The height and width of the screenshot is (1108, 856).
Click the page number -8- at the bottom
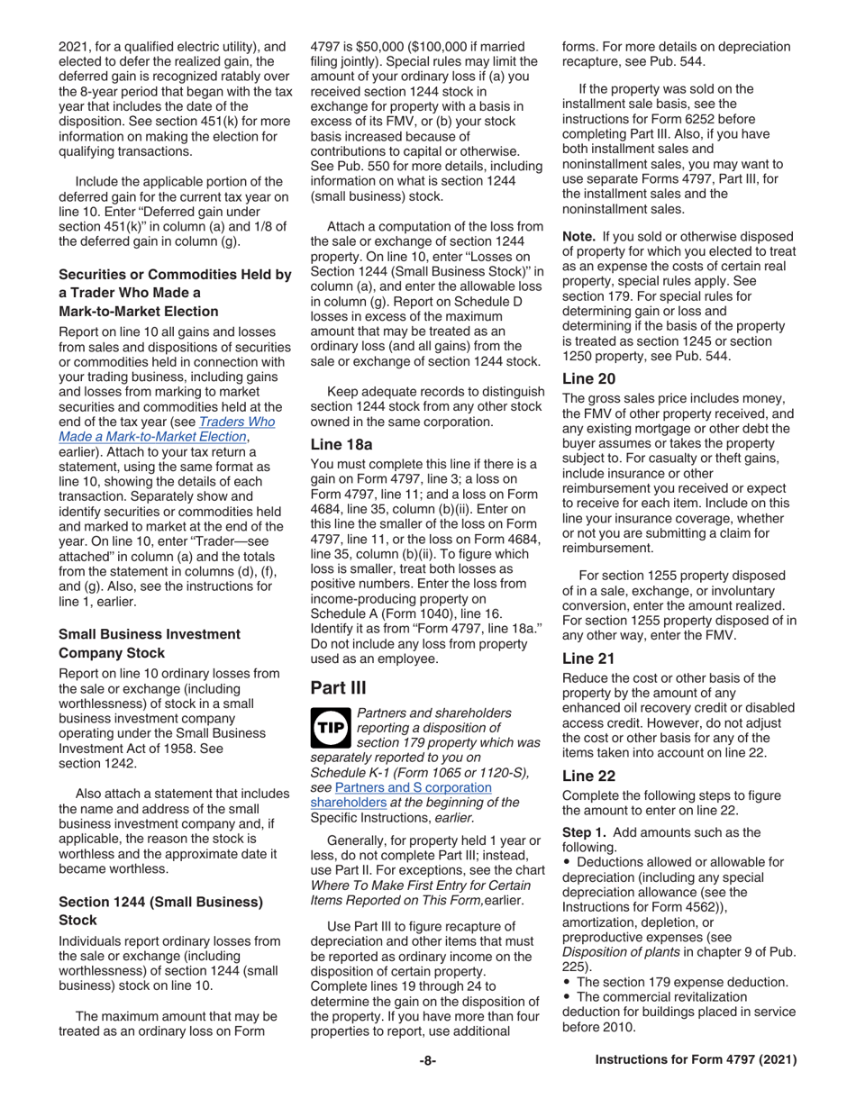coord(427,1061)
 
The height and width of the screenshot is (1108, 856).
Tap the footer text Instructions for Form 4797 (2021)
coord(697,1061)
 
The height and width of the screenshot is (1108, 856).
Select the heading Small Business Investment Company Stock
coord(150,642)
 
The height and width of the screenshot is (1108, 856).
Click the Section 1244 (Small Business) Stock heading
coord(160,910)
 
